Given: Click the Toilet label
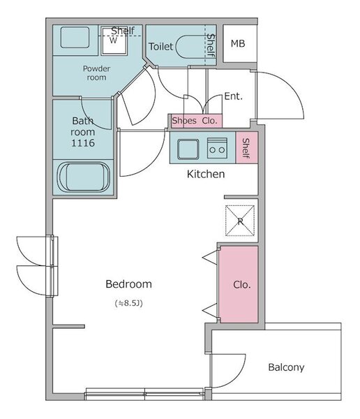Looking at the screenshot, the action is pos(160,47).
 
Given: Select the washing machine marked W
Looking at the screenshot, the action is pos(114,41).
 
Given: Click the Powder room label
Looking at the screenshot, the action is pos(96,73).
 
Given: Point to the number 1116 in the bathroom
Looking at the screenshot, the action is pos(83,143).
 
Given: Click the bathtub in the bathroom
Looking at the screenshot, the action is pos(84,177).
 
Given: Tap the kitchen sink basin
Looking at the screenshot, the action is pos(188,149).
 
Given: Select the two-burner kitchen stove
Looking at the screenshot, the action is pos(218,148).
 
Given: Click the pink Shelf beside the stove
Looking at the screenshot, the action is pos(247,147).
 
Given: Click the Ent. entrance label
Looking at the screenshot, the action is pos(234,96).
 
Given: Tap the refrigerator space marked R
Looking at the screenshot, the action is pos(240,221).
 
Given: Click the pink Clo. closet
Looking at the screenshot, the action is pos(239,284).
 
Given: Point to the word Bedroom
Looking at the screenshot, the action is pos(129,284).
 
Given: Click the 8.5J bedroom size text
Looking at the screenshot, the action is pos(129,303).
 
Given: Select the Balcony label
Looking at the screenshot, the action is pos(286,367).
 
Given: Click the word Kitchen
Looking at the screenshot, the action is pos(206,174).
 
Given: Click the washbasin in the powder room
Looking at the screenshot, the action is pos(75,38).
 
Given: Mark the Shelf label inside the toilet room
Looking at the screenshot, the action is pos(211,45).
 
